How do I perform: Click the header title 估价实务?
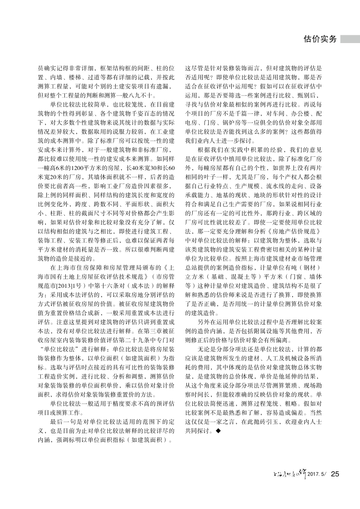320,39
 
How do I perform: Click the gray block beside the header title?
350,39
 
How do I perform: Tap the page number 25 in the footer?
335,474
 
